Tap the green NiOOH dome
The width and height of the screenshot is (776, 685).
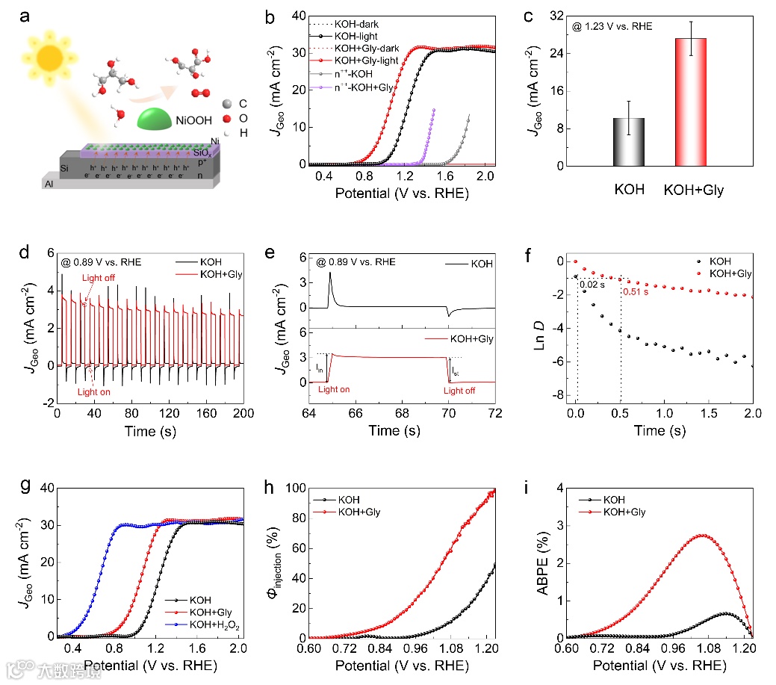pos(163,117)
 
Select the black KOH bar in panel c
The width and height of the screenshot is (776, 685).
pos(629,141)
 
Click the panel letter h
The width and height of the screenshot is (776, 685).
pos(273,486)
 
